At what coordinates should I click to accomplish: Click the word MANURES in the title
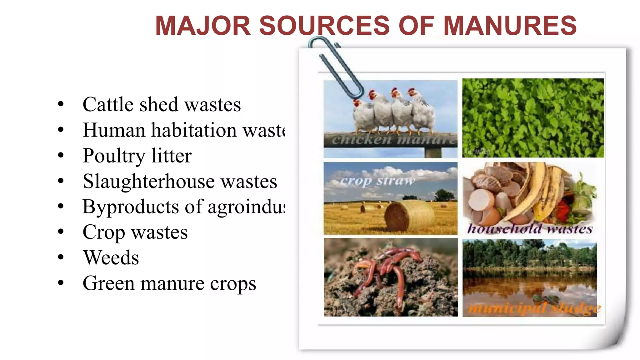point(510,26)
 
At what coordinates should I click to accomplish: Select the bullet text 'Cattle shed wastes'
point(162,104)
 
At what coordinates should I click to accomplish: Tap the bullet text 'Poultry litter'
point(137,156)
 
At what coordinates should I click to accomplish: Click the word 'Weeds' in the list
point(111,258)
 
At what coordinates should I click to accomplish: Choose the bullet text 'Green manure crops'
point(169,283)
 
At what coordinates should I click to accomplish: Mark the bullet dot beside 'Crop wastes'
point(61,232)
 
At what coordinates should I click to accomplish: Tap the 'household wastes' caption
point(530,229)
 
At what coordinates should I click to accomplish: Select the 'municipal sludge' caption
point(534,308)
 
